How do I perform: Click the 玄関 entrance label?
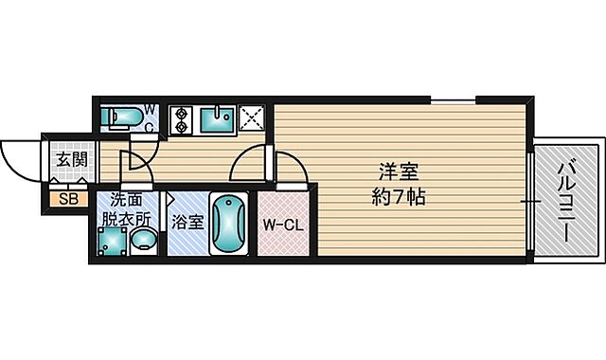67,159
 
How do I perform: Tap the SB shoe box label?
68,199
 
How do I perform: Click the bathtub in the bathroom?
229,225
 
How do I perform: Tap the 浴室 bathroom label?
187,224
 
